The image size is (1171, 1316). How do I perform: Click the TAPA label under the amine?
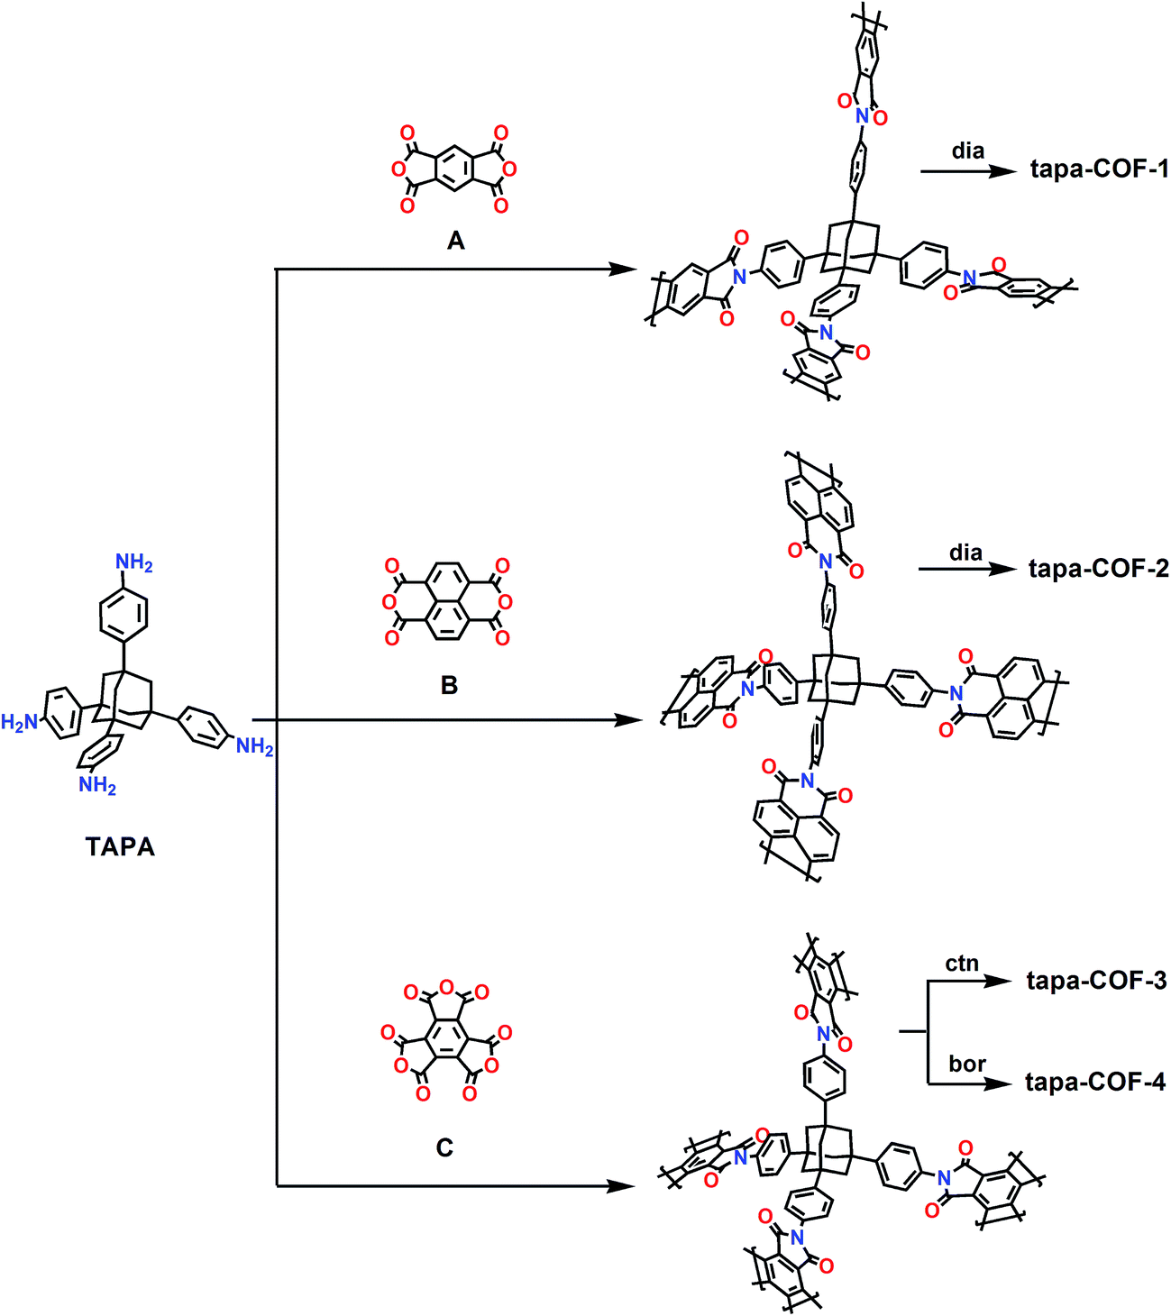pyautogui.click(x=120, y=846)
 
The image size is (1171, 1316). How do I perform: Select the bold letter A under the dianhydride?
pyautogui.click(x=456, y=241)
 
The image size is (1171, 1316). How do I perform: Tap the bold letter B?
pyautogui.click(x=449, y=685)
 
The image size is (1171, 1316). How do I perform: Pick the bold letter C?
pyautogui.click(x=444, y=1147)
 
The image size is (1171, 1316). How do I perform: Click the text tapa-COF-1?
pyautogui.click(x=1100, y=169)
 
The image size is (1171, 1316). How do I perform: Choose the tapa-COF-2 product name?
pyautogui.click(x=1099, y=569)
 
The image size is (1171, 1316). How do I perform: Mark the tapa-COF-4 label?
pyautogui.click(x=1095, y=1082)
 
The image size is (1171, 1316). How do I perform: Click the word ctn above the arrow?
pyautogui.click(x=962, y=964)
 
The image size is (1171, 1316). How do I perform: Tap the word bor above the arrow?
pyautogui.click(x=967, y=1064)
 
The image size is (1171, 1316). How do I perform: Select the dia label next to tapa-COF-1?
pyautogui.click(x=968, y=151)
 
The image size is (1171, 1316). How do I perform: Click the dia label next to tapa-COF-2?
pyautogui.click(x=965, y=553)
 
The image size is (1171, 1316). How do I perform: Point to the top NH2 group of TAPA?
pyautogui.click(x=133, y=562)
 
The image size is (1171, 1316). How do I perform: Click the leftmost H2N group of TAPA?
pyautogui.click(x=20, y=722)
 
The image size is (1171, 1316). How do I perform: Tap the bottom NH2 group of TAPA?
pyautogui.click(x=97, y=785)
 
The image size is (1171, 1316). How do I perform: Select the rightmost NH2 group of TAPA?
pyautogui.click(x=255, y=746)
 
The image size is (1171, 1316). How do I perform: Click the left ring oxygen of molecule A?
pyautogui.click(x=398, y=170)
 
